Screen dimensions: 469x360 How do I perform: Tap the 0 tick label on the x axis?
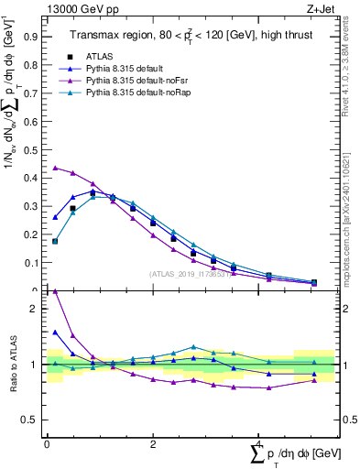pos(47,443)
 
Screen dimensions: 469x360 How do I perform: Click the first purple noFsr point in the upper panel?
pos(55,168)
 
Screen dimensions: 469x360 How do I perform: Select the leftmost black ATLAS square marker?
pos(55,242)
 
